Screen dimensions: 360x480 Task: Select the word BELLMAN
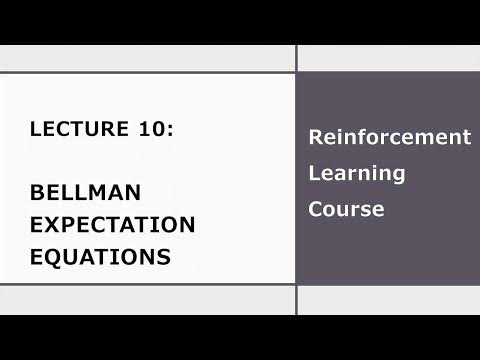85,191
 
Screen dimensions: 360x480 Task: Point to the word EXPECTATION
112,223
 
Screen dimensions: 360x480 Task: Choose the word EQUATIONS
100,256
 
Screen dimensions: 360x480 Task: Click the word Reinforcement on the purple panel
389,137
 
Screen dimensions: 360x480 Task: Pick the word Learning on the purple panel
343,173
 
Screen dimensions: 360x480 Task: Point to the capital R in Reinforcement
315,137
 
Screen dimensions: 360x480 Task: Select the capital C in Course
315,209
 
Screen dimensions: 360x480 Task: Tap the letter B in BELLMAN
38,191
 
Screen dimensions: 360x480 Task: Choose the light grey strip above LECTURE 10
147,58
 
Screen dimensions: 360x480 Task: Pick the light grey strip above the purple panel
389,58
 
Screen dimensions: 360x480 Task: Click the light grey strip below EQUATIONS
147,300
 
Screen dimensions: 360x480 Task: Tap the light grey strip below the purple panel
389,300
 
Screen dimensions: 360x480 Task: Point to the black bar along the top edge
240,20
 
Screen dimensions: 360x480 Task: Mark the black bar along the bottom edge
240,338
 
